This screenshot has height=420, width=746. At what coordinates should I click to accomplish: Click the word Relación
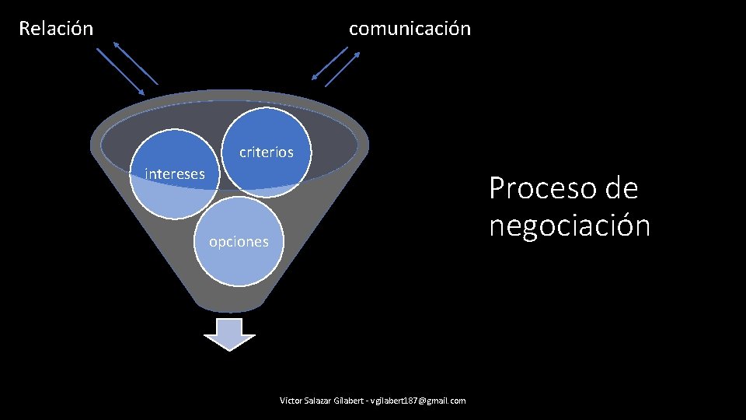point(56,29)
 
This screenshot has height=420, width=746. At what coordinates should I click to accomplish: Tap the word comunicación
point(410,29)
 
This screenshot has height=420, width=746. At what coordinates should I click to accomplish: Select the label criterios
point(267,152)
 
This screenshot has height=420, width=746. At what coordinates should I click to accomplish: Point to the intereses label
point(175,173)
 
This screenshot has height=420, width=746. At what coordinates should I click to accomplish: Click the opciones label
point(239,242)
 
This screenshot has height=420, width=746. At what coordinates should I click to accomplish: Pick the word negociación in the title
point(570,226)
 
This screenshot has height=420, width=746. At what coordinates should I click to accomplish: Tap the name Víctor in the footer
point(291,401)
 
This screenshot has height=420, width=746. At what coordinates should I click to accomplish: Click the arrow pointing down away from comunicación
point(329,63)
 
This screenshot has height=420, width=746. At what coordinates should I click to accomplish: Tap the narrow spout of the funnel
point(229,299)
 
